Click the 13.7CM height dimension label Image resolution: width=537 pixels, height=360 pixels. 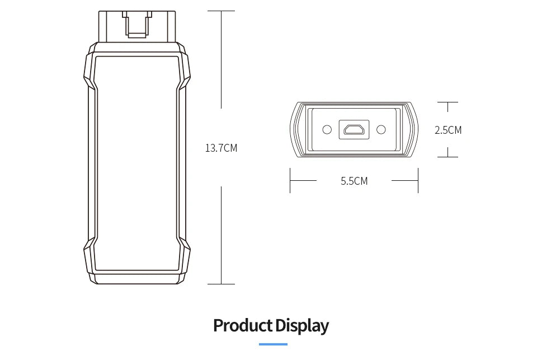[221, 148]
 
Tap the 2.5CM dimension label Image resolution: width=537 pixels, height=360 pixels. [448, 130]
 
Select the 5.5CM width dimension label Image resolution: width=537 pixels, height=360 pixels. [354, 181]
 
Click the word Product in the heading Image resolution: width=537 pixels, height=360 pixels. [243, 325]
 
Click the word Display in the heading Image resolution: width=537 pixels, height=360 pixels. [302, 326]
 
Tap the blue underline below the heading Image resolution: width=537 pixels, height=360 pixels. [273, 344]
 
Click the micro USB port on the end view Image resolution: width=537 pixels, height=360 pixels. [354, 129]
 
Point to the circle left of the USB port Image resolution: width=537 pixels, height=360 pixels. [327, 129]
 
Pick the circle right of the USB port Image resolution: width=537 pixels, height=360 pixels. [381, 129]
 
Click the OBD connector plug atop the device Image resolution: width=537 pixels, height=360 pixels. [138, 26]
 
